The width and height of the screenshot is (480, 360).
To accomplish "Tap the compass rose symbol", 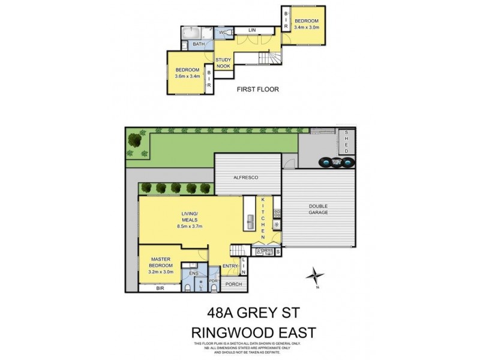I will (314, 277).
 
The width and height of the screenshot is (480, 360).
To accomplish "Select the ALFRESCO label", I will (247, 178).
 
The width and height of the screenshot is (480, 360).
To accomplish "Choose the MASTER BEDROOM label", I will (161, 262).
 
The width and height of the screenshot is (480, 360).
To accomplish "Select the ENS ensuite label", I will (193, 273).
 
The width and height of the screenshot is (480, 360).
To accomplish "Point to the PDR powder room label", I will (213, 280).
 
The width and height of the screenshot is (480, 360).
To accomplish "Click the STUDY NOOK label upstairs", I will (223, 63).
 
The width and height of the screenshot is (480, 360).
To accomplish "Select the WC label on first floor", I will (222, 32).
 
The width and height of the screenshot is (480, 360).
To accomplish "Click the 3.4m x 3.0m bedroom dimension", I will (307, 27).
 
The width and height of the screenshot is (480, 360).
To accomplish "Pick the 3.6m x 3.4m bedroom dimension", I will (187, 76).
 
